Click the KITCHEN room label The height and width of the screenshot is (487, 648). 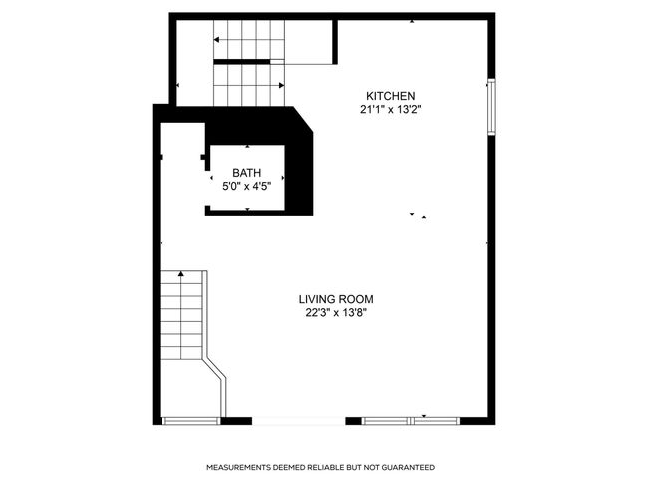(390, 96)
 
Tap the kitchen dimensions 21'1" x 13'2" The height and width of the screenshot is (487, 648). (390, 110)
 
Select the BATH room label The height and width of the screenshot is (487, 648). (246, 172)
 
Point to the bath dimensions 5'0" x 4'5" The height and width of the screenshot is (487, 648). (246, 187)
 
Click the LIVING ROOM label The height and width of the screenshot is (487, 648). (336, 299)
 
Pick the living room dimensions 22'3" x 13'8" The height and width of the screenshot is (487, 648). (336, 313)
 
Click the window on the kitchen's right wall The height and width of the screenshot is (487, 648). (491, 107)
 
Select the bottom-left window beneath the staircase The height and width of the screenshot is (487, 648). (191, 421)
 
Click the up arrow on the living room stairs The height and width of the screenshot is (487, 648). (181, 273)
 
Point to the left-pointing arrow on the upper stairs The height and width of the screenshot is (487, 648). (216, 40)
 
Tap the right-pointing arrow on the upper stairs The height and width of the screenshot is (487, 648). (282, 85)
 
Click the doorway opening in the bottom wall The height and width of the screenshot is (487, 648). (298, 421)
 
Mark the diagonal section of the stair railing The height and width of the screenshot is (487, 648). (215, 368)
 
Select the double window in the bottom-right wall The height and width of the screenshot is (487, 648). (411, 421)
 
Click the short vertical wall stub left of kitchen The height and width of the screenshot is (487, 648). (335, 42)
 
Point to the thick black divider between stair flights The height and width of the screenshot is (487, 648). (242, 62)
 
